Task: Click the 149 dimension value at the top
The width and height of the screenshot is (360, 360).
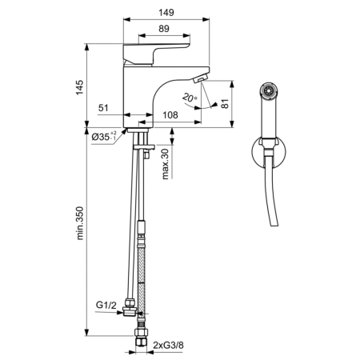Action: [166, 13]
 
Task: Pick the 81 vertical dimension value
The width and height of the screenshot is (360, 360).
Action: [226, 103]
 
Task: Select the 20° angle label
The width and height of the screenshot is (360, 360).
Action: [189, 98]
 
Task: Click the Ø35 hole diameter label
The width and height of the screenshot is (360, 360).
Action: [105, 137]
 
